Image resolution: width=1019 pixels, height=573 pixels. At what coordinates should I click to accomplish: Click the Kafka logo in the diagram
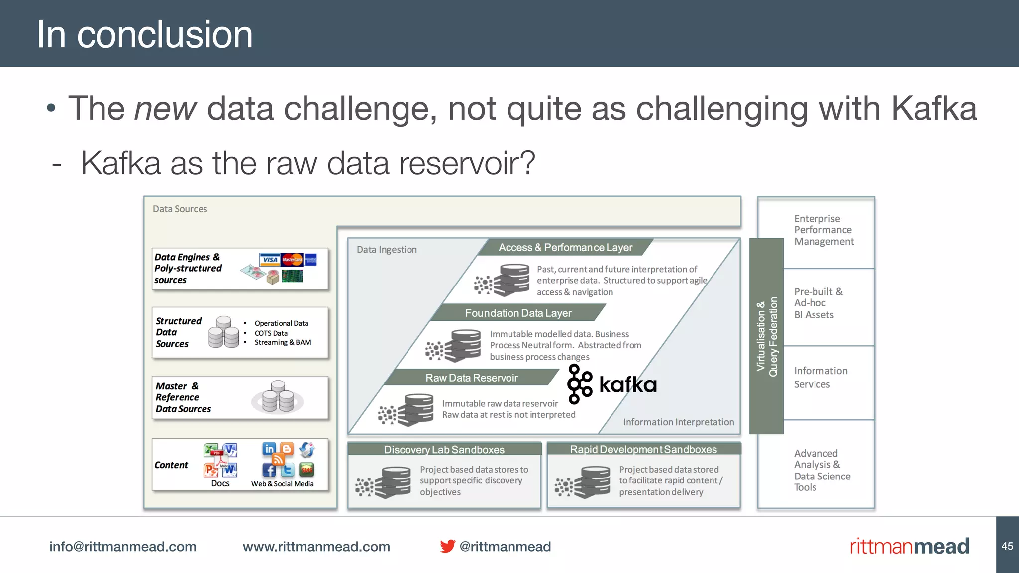tap(611, 384)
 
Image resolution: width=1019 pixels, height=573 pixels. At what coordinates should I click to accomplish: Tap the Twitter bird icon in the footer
tap(447, 546)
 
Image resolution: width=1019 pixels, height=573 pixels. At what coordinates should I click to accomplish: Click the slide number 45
tap(1007, 546)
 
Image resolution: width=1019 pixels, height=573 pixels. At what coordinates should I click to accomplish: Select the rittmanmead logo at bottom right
tap(909, 546)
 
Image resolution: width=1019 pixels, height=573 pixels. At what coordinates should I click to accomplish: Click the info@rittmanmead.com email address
tap(122, 547)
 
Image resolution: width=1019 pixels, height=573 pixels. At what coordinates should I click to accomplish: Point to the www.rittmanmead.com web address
tap(316, 547)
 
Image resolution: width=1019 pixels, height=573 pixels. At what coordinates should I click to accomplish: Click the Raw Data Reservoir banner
tap(471, 378)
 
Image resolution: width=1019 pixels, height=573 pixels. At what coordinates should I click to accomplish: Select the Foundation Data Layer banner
tap(518, 313)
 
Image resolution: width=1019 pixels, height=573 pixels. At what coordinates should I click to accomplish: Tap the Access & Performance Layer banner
tap(565, 247)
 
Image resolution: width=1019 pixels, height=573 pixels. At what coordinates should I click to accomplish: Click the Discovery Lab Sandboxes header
tap(444, 449)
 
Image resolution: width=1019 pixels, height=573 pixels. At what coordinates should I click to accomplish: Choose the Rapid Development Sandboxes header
tap(643, 449)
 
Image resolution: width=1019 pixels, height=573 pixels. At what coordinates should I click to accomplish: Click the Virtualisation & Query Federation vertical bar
tap(766, 336)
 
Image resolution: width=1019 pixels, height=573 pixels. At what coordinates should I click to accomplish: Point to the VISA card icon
tap(269, 259)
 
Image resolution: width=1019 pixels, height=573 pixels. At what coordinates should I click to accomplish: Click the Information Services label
tap(820, 377)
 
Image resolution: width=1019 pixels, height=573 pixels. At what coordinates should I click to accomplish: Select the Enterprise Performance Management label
tap(823, 230)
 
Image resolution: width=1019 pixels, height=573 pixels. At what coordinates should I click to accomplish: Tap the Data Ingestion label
tap(387, 249)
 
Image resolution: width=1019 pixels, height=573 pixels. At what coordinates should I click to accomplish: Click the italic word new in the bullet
tap(165, 108)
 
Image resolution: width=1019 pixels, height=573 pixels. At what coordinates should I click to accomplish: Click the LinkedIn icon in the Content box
tap(269, 448)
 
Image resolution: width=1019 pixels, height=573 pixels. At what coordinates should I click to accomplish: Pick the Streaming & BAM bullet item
tap(282, 342)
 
